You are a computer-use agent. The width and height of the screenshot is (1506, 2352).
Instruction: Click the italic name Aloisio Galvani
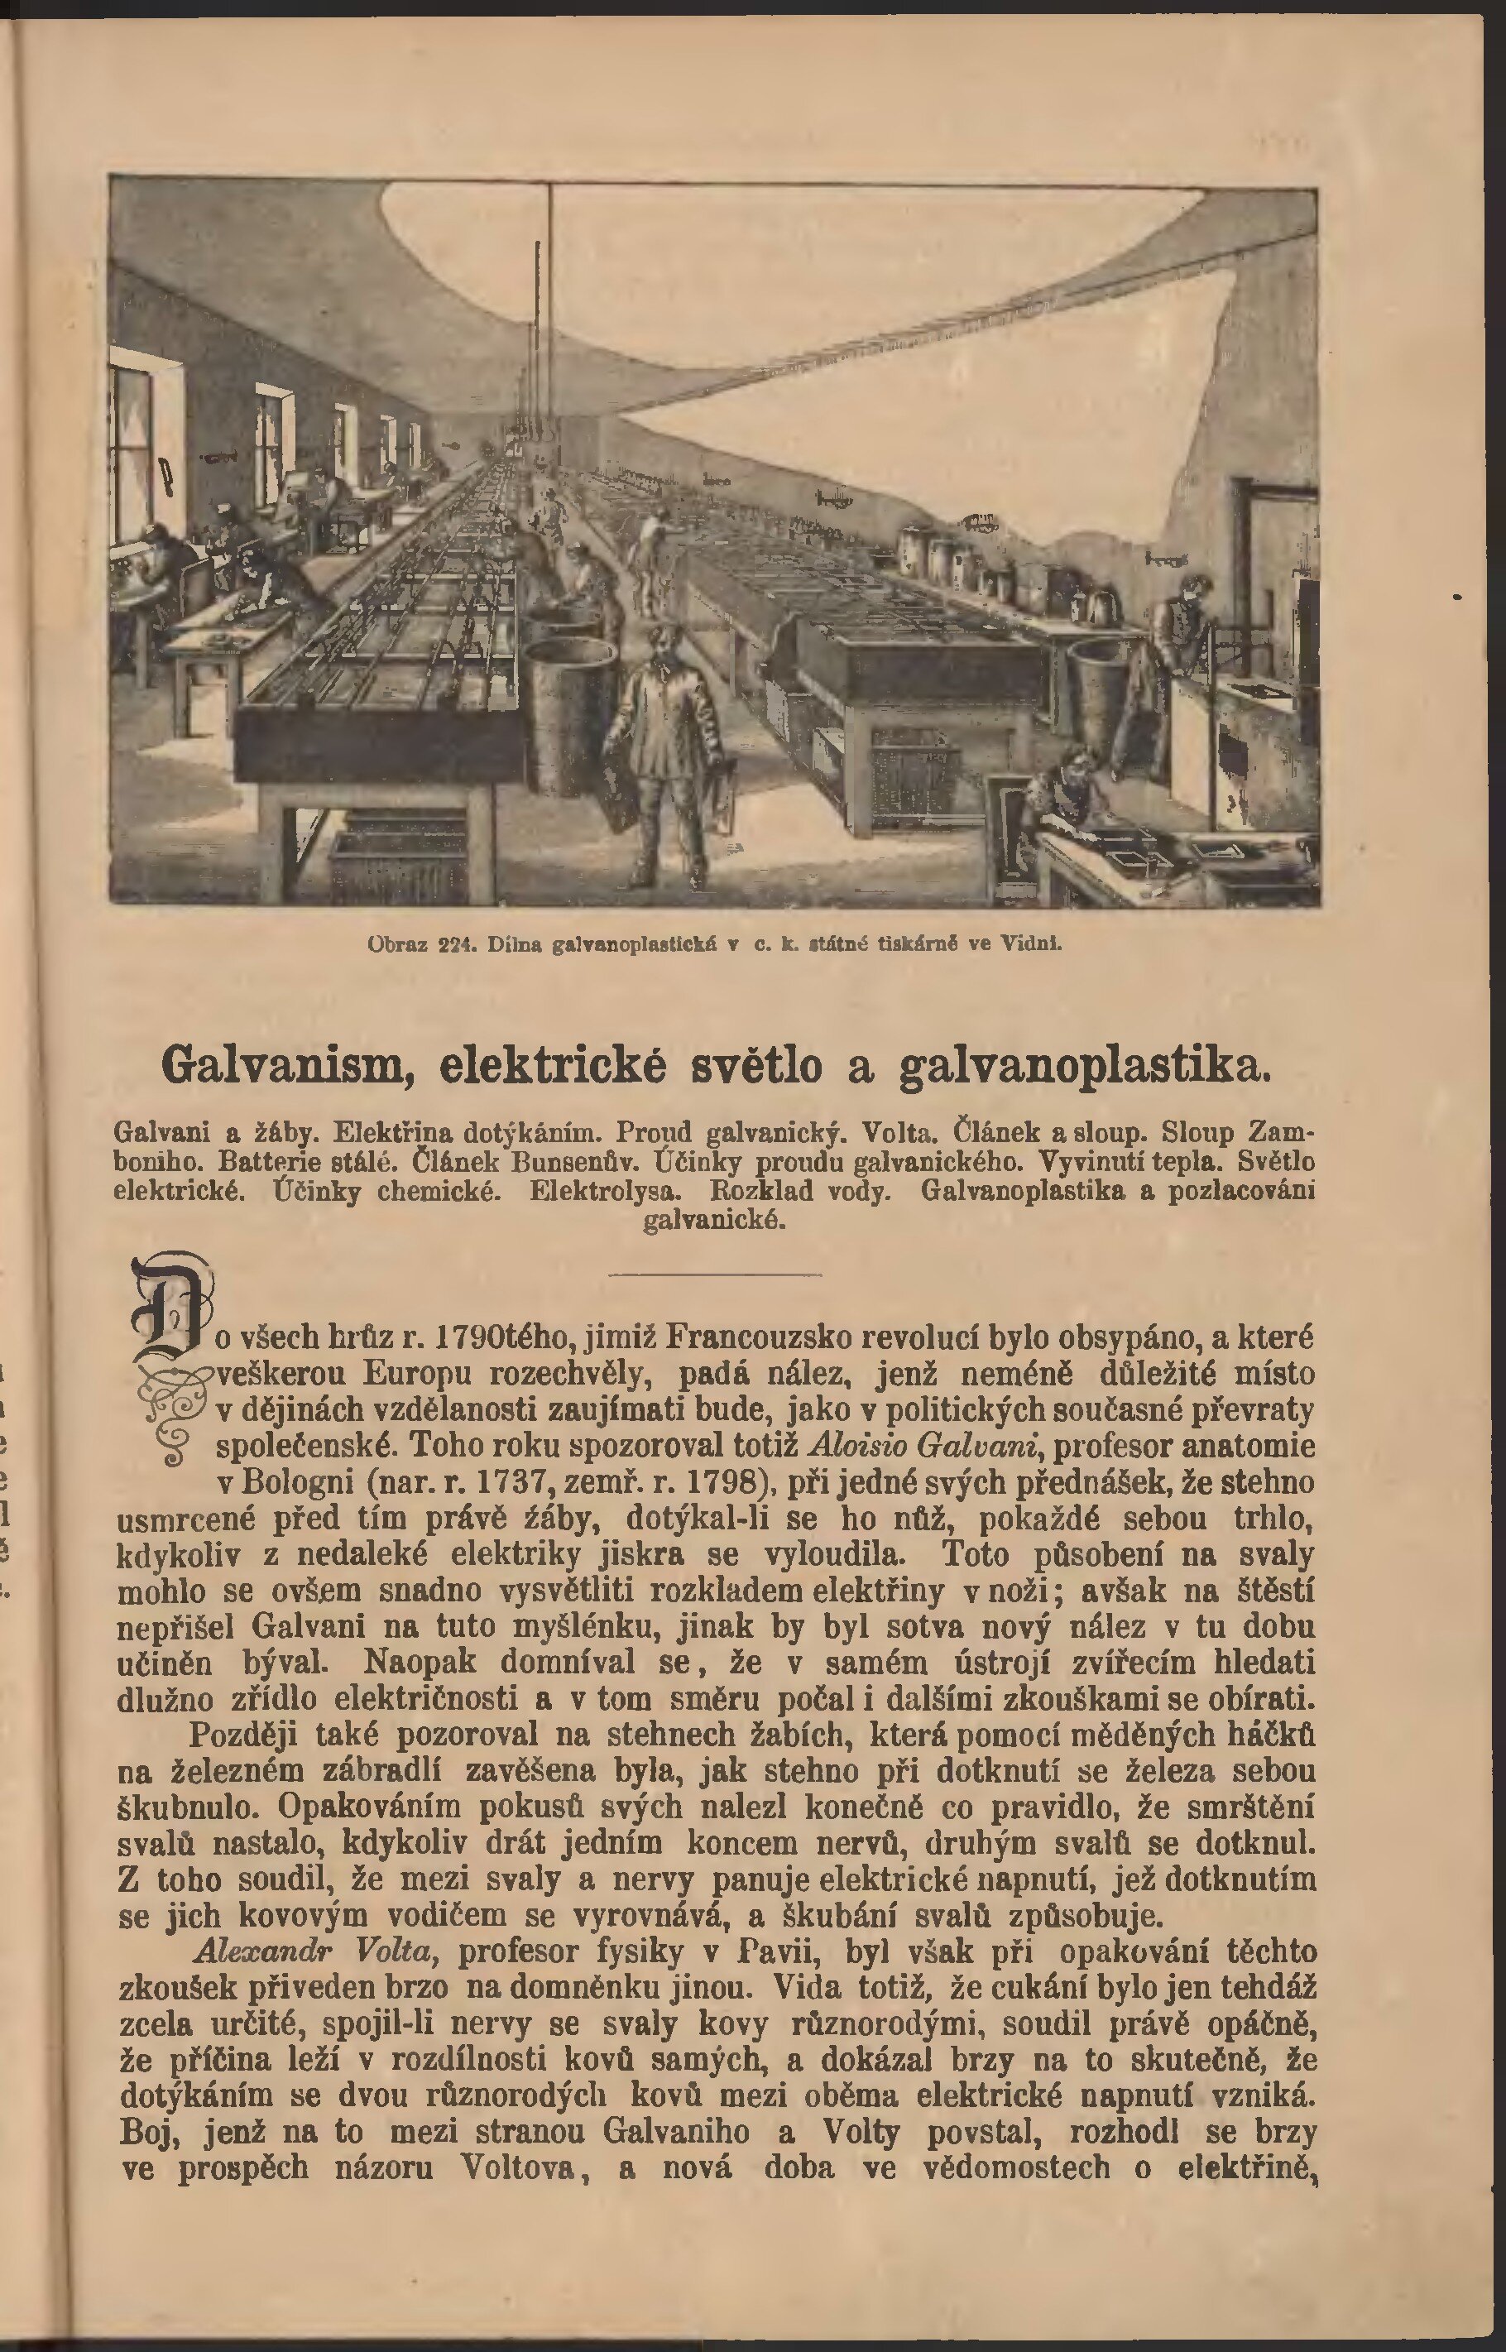(916, 1446)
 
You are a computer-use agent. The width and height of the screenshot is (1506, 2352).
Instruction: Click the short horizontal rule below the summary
(715, 1274)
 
